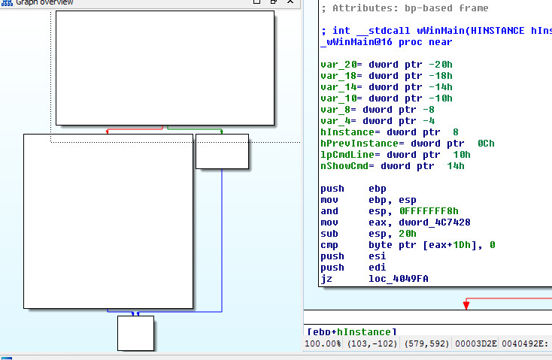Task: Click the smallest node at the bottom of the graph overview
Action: click(x=135, y=333)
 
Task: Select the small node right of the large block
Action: click(x=222, y=152)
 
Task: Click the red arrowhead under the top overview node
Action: click(x=108, y=131)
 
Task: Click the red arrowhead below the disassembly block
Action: click(x=466, y=304)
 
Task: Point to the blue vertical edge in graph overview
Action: click(x=222, y=241)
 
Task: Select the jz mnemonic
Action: click(x=326, y=279)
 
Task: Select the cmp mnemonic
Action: click(x=329, y=245)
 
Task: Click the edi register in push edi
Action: click(x=378, y=268)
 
